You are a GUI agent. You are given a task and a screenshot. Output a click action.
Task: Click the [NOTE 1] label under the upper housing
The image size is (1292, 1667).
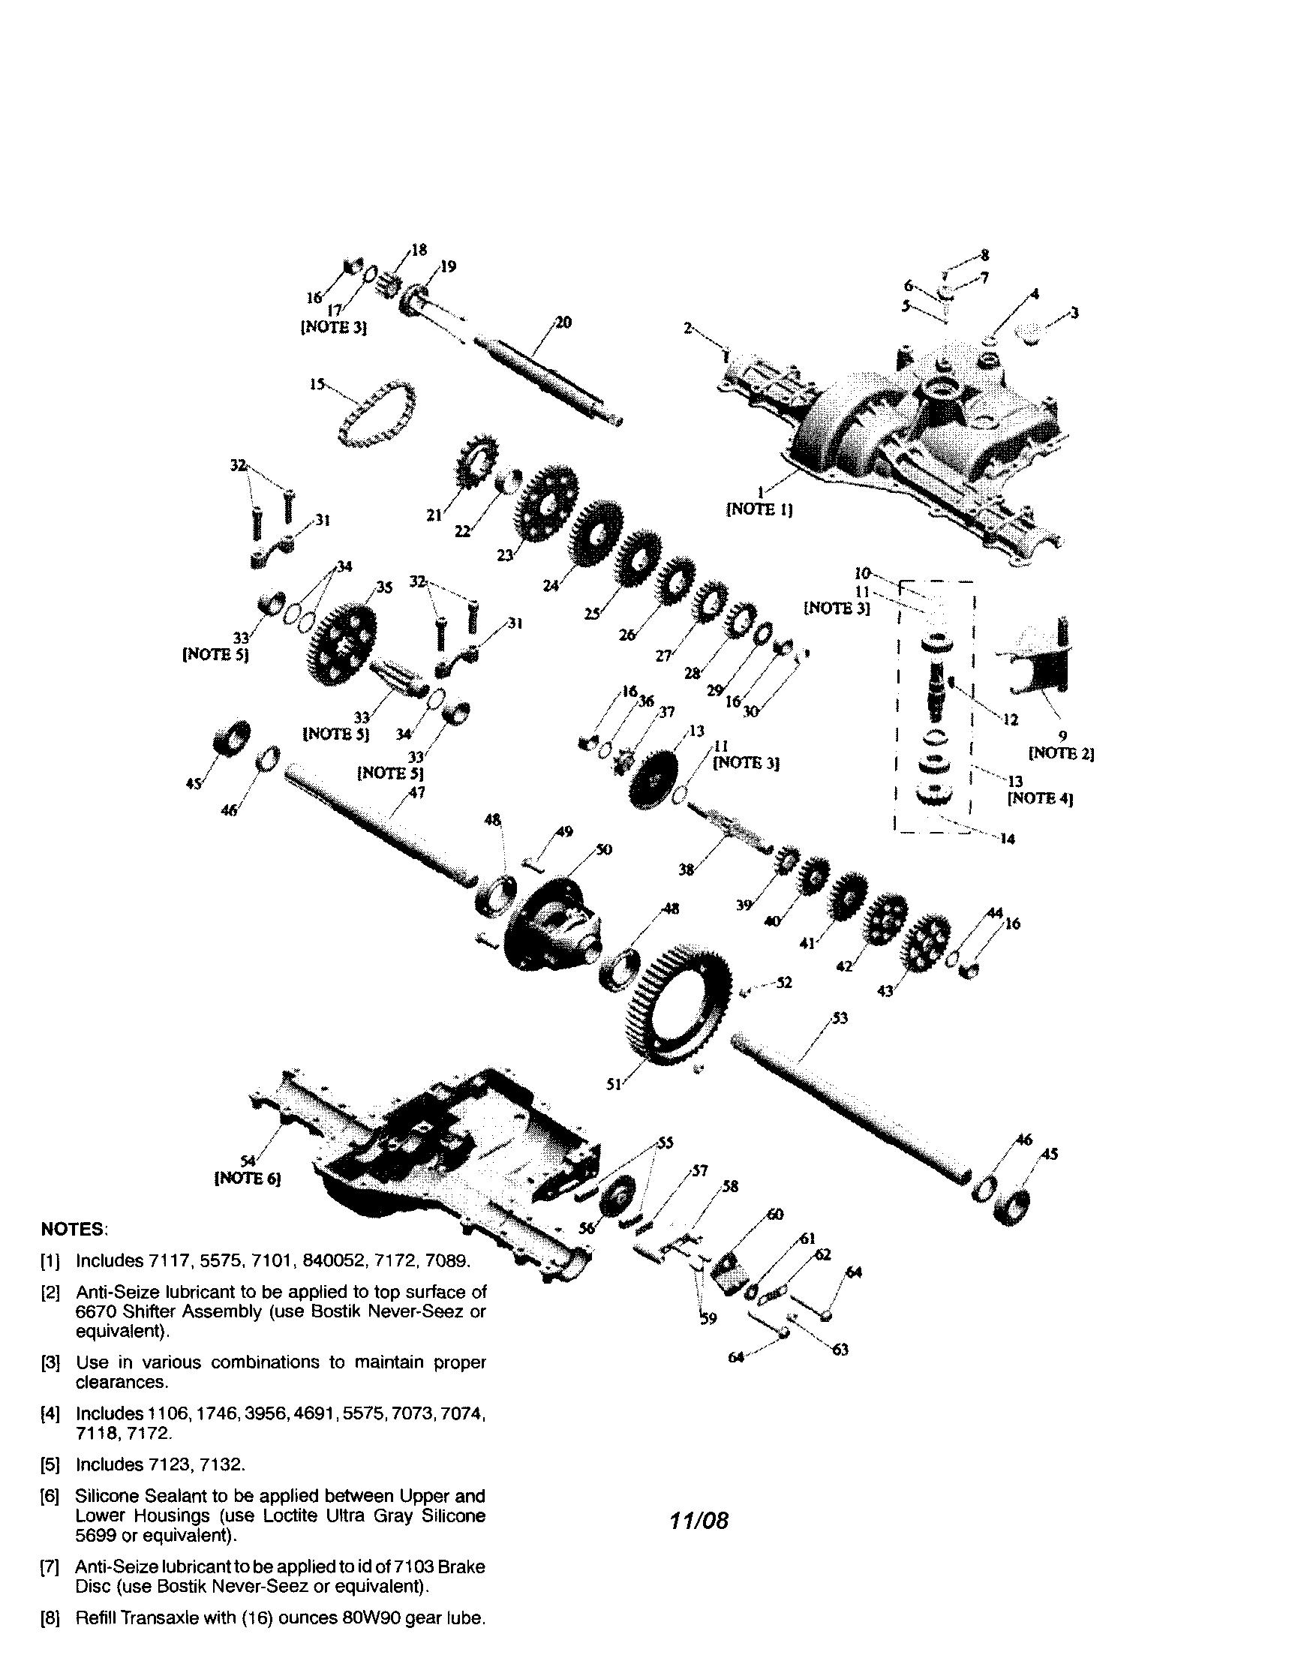pyautogui.click(x=759, y=509)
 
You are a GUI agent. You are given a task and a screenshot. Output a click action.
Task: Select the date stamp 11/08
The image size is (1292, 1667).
pyautogui.click(x=699, y=1521)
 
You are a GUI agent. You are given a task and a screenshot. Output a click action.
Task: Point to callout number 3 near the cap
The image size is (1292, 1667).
pyautogui.click(x=1074, y=312)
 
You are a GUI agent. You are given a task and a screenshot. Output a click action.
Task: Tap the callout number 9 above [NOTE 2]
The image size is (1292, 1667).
pyautogui.click(x=1062, y=737)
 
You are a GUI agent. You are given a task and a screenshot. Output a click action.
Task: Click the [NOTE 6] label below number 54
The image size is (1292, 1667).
pyautogui.click(x=248, y=1179)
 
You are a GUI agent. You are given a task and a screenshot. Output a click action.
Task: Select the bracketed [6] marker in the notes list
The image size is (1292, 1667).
pyautogui.click(x=50, y=1495)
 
